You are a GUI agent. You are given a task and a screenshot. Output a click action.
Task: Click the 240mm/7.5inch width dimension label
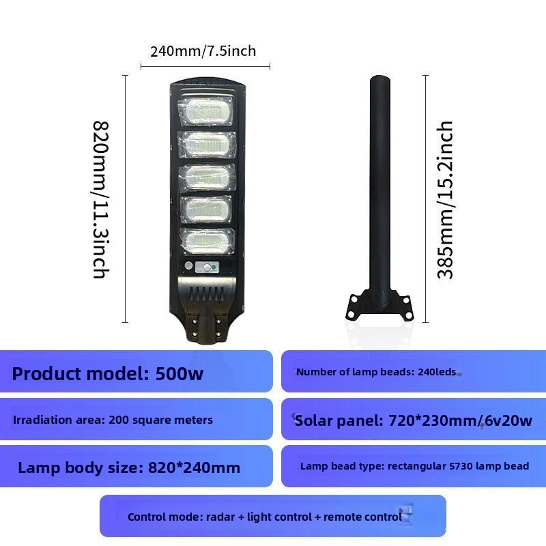(x=203, y=51)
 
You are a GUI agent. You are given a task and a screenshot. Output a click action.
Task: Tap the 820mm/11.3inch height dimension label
(x=100, y=199)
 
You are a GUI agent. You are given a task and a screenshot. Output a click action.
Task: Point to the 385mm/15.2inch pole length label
(x=445, y=200)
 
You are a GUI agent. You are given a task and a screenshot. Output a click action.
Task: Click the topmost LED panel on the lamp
(x=205, y=111)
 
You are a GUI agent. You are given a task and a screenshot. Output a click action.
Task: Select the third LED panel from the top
(x=207, y=177)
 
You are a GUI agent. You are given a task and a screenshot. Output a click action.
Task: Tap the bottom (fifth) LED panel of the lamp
(x=207, y=242)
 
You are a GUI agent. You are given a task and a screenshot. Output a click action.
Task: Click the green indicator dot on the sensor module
(x=214, y=268)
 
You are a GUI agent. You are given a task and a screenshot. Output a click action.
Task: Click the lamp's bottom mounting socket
(x=206, y=328)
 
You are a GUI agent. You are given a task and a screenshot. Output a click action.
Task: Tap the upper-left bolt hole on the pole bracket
(x=354, y=299)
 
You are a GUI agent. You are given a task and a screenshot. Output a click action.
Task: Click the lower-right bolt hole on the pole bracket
(x=409, y=315)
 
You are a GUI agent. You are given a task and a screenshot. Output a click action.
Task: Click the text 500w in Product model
(x=179, y=373)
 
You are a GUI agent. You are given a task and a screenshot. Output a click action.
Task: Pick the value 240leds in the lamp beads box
(x=437, y=372)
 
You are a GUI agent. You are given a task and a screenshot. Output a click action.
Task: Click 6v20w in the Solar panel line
(x=508, y=420)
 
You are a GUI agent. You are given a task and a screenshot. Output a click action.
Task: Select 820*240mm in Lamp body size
(x=194, y=468)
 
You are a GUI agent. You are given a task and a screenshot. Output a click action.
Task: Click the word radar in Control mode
(x=220, y=517)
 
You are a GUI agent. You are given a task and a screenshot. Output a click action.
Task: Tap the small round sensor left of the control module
(x=189, y=265)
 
